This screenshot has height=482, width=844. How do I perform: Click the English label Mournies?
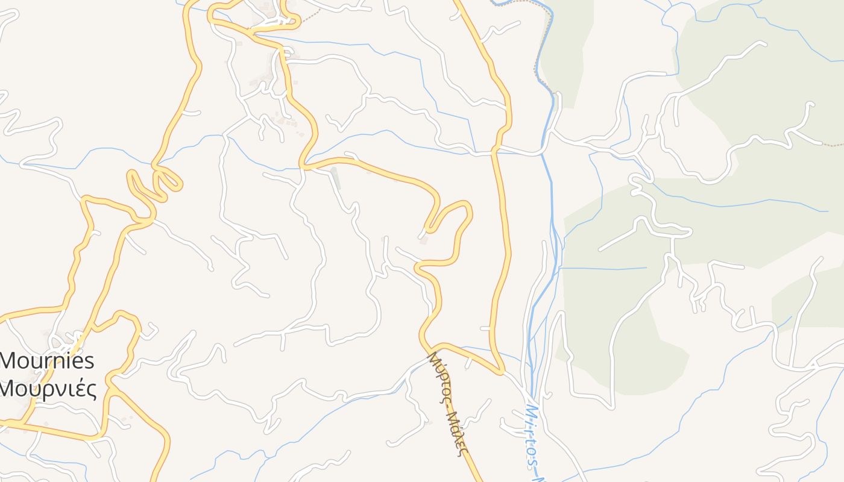(48, 361)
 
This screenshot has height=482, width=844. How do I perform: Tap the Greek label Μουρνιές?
(48, 389)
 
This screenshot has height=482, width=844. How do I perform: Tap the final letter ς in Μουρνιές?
(92, 390)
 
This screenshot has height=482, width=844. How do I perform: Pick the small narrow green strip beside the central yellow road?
(335, 178)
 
